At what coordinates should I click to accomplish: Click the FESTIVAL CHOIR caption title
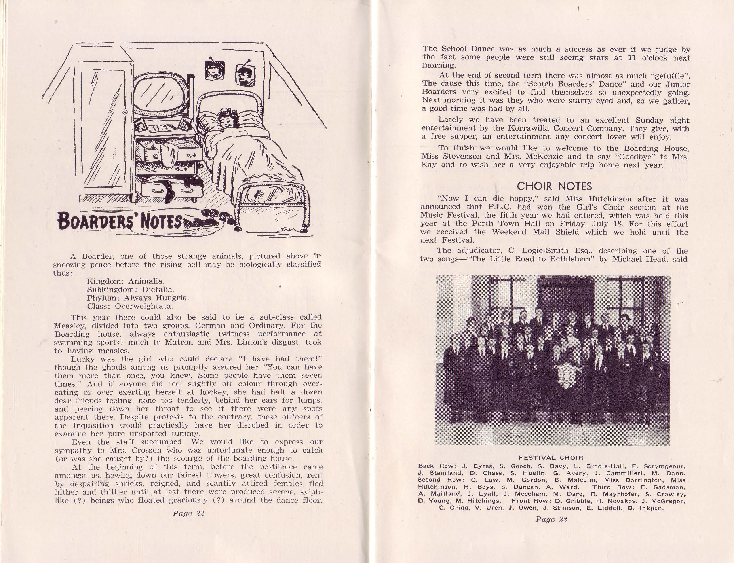pos(551,458)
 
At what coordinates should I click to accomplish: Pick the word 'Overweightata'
pos(144,306)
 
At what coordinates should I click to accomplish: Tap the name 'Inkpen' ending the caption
pos(652,508)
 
